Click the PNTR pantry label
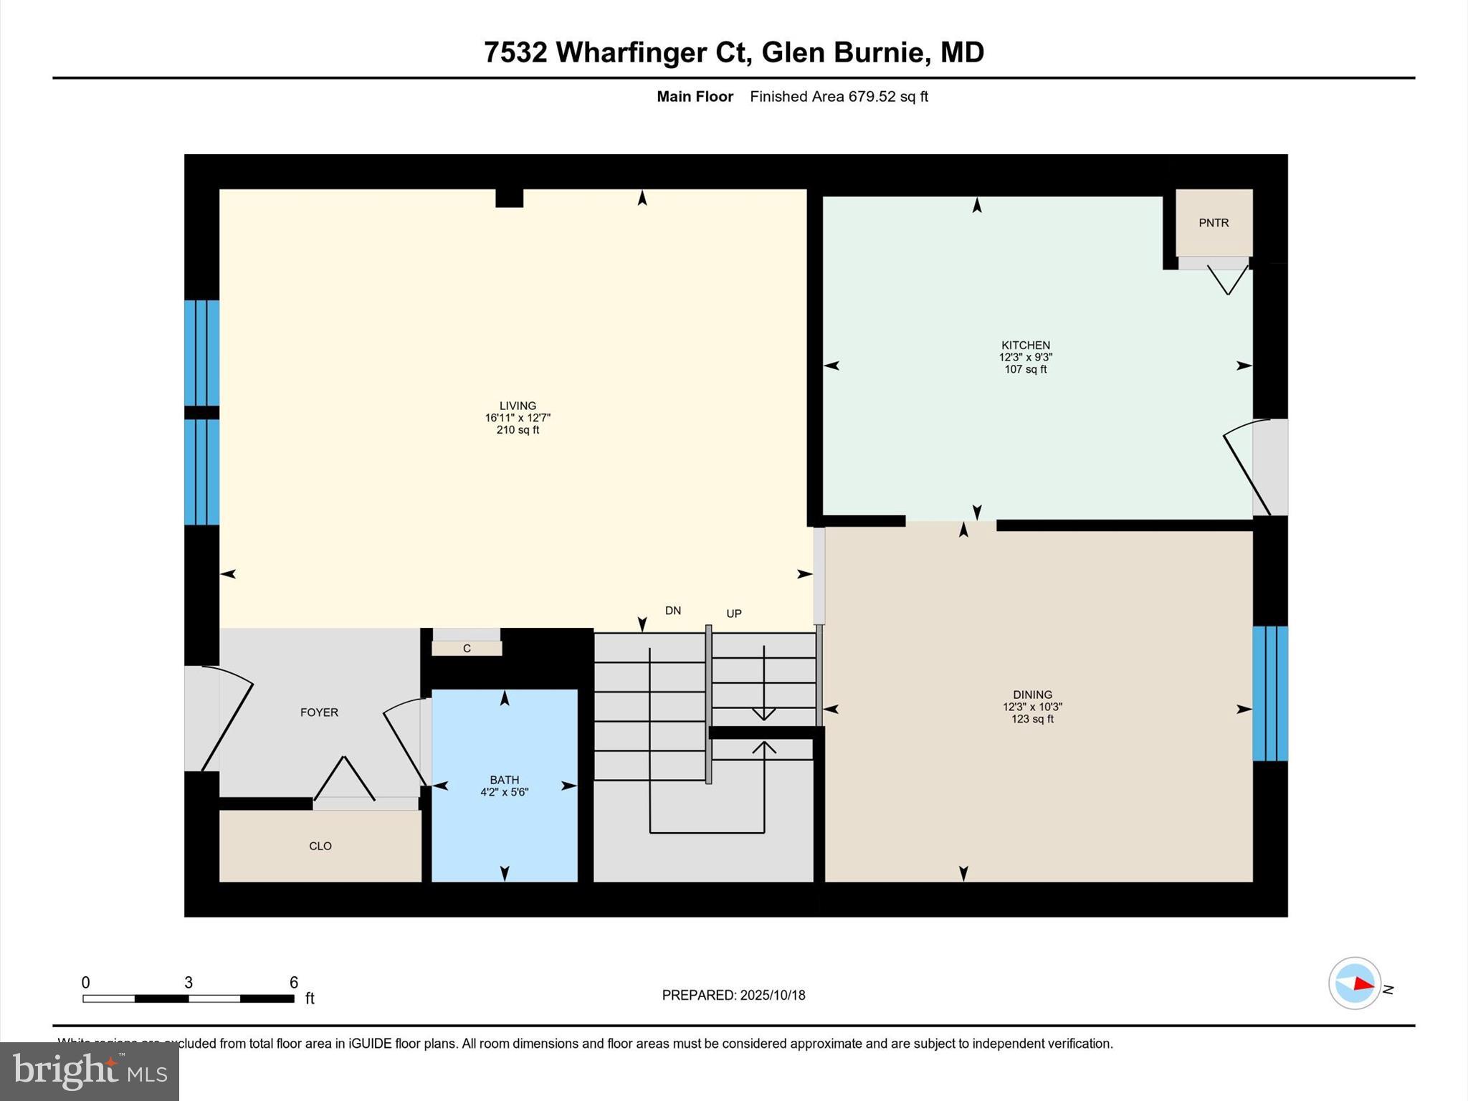pos(1214,223)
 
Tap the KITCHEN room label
pos(1026,345)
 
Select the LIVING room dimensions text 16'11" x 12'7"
pos(518,418)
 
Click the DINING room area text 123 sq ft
pos(1032,719)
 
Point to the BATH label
pos(505,780)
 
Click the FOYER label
pos(319,712)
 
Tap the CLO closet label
pos(320,846)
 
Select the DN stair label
pos(673,611)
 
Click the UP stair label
pos(734,614)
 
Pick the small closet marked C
pos(467,649)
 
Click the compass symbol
pos(1354,983)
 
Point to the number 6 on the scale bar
pos(293,983)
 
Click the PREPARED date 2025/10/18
pos(772,995)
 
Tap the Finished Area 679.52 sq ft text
pos(839,97)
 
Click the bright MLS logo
pos(90,1071)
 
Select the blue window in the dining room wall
pos(1270,693)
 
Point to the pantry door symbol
pos(1227,280)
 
